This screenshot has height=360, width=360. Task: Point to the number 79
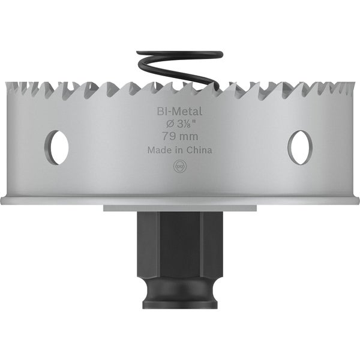tap(166, 137)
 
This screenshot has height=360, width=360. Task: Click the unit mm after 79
tap(188, 137)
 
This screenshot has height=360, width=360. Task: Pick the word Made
tap(159, 151)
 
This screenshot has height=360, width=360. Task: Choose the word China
tap(199, 151)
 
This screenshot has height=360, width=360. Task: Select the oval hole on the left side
tap(58, 145)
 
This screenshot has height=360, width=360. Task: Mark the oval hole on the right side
tap(299, 145)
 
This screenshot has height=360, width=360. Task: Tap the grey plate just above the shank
tap(179, 208)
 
